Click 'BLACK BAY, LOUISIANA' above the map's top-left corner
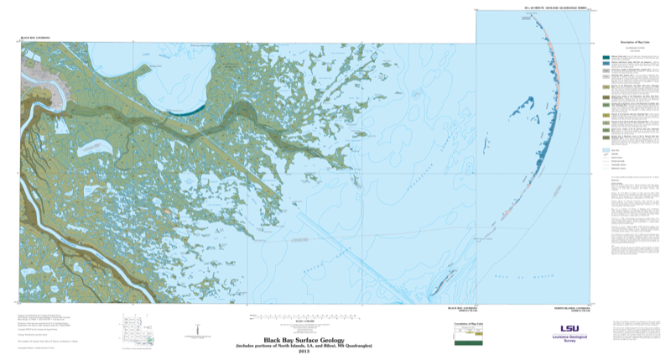coord(36,39)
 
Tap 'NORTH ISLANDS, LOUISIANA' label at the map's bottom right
coord(567,309)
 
